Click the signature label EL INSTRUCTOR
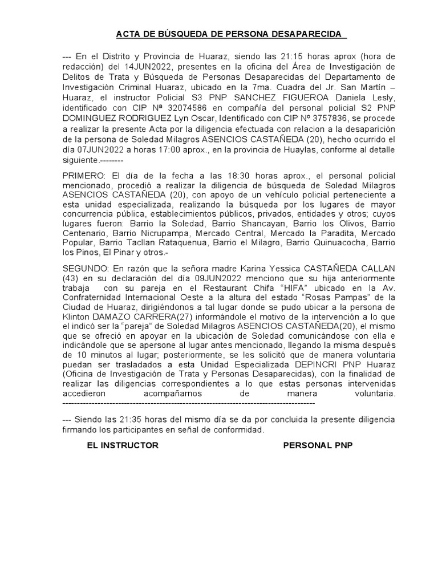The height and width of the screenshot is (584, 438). pos(122,445)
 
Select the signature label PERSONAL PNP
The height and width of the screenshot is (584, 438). pos(318,445)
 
